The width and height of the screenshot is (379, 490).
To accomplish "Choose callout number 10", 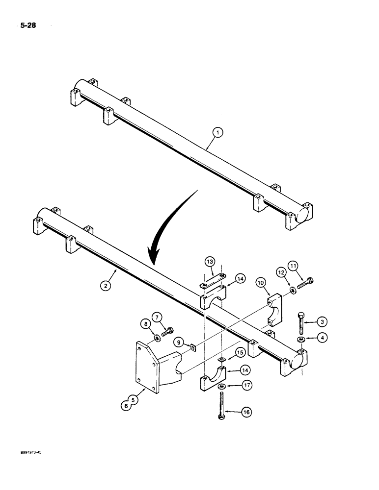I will point(260,283).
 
